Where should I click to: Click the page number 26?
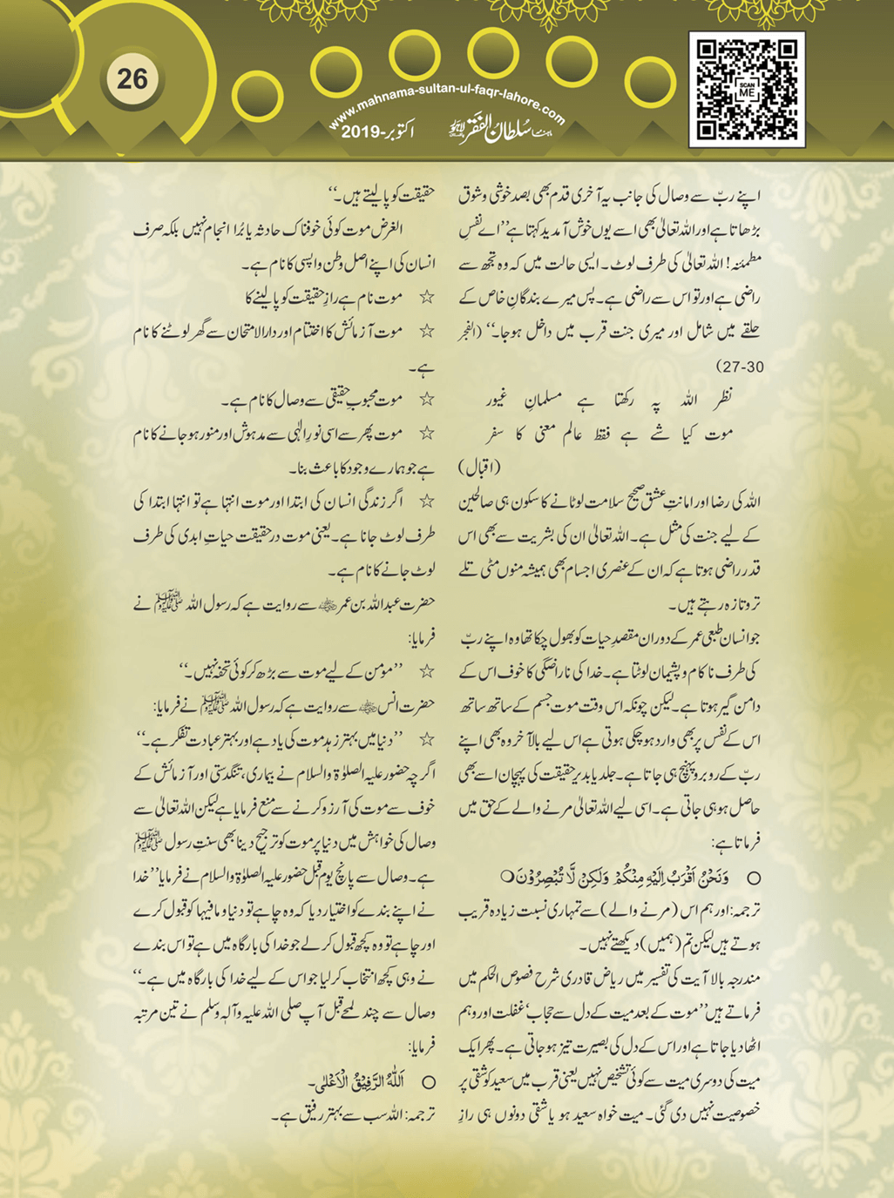(x=132, y=79)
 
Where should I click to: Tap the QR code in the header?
(x=747, y=89)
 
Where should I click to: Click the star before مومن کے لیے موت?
(x=426, y=672)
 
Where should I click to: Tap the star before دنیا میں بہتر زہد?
(x=426, y=739)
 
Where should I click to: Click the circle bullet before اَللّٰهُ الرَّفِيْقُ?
(x=429, y=1083)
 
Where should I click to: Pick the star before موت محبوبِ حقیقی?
(x=426, y=400)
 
